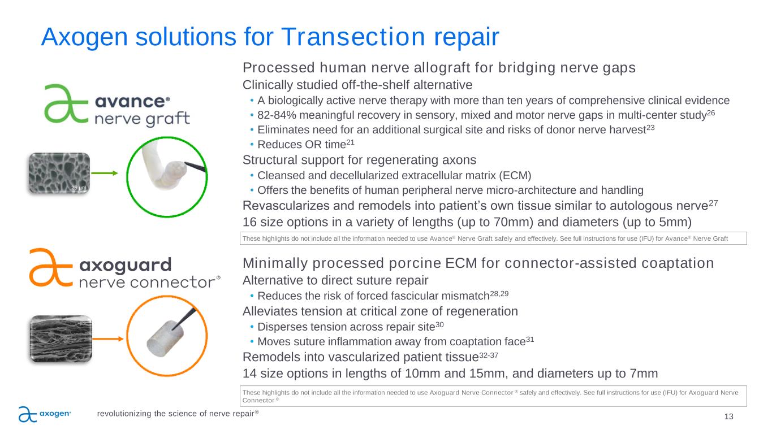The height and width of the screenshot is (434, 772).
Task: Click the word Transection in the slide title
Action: [x=353, y=37]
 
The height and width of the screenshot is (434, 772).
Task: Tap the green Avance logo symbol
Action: [x=66, y=103]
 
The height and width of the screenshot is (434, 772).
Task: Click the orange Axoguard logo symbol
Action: [x=51, y=267]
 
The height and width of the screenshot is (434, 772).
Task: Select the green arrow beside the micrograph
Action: [x=105, y=173]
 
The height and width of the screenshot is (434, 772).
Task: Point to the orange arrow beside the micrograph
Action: [x=107, y=339]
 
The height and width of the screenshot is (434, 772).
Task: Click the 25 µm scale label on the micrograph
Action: [x=79, y=188]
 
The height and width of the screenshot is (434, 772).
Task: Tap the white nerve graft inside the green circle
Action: [x=165, y=166]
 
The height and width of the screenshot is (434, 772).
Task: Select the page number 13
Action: [x=728, y=416]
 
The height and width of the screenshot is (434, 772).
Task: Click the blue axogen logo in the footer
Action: [x=45, y=414]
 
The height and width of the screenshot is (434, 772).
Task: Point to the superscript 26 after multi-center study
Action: [x=711, y=113]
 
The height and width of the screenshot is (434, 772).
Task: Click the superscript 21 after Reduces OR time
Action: [x=350, y=142]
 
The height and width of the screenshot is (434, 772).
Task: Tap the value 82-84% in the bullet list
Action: [x=277, y=115]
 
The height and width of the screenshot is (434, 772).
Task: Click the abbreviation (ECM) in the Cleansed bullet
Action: [x=515, y=176]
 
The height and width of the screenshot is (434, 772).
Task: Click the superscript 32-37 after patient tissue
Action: [x=489, y=355]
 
